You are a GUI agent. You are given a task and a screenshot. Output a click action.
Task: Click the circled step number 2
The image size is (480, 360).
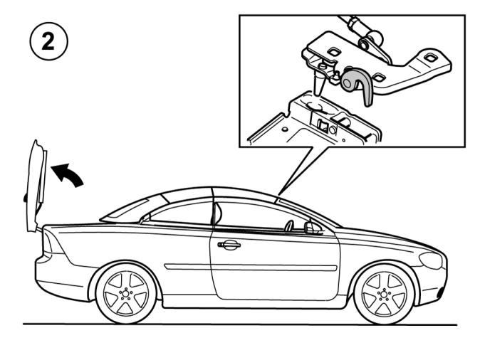[48, 41]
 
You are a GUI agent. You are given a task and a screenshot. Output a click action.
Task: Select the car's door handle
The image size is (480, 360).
[229, 244]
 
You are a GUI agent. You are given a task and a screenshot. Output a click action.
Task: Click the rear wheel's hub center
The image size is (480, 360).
[125, 294]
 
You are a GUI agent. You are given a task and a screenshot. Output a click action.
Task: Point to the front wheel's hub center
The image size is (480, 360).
[384, 295]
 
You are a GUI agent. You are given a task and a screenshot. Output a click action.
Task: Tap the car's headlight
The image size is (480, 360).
[431, 260]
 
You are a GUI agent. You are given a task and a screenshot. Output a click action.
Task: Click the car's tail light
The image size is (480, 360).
[53, 242]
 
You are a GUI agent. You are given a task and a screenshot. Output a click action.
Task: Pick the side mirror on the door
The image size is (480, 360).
[312, 228]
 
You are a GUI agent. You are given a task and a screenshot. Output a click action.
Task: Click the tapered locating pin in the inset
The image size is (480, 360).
[318, 82]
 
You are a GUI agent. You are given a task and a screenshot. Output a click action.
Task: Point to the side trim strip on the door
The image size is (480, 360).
[251, 268]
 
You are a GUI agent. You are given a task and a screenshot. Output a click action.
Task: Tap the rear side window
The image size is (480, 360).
[180, 213]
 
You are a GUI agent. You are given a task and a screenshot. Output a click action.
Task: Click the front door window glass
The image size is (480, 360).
[260, 216]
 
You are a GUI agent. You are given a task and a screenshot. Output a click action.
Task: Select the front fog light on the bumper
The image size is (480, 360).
[442, 292]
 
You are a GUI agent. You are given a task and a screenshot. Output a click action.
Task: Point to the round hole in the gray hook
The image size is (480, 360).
[347, 83]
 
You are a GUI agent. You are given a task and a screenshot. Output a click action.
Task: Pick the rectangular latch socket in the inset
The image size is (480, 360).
[323, 125]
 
